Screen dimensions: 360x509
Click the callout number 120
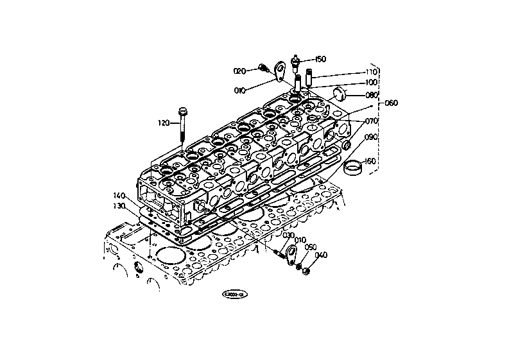click(x=163, y=122)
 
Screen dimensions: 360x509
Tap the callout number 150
click(x=320, y=59)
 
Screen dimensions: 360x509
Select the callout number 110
click(x=371, y=72)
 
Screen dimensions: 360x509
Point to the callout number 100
click(x=371, y=83)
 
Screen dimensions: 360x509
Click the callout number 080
click(x=372, y=96)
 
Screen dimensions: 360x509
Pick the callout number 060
click(x=391, y=103)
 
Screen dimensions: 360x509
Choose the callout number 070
click(x=372, y=121)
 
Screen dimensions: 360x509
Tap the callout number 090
click(x=372, y=137)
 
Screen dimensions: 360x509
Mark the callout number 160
click(x=370, y=161)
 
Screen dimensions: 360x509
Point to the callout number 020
click(x=239, y=71)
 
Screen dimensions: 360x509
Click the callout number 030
click(x=270, y=236)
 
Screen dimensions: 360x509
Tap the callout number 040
click(x=321, y=255)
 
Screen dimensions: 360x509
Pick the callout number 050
click(x=311, y=247)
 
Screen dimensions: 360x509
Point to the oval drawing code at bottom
click(x=235, y=295)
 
